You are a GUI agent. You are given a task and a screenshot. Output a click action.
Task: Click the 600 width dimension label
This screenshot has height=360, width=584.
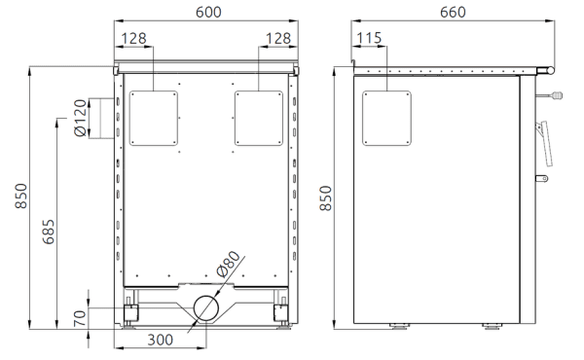click(208, 12)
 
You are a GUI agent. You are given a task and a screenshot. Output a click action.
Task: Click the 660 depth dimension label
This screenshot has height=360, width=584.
click(453, 12)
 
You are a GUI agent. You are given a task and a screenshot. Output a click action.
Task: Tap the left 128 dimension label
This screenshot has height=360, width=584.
click(133, 38)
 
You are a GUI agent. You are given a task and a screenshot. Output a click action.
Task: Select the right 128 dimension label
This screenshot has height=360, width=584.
click(277, 38)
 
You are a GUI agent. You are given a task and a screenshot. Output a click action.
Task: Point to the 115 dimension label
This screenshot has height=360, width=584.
click(369, 38)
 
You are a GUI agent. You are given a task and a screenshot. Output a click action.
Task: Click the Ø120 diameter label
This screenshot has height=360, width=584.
click(81, 118)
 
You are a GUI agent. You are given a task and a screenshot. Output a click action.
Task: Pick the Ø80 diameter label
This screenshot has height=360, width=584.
click(229, 264)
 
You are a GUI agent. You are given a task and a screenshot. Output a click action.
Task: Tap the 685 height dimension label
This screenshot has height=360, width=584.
click(49, 232)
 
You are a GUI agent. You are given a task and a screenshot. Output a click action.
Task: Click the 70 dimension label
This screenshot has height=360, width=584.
click(80, 319)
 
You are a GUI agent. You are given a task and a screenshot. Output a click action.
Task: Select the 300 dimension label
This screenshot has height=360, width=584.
click(161, 340)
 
